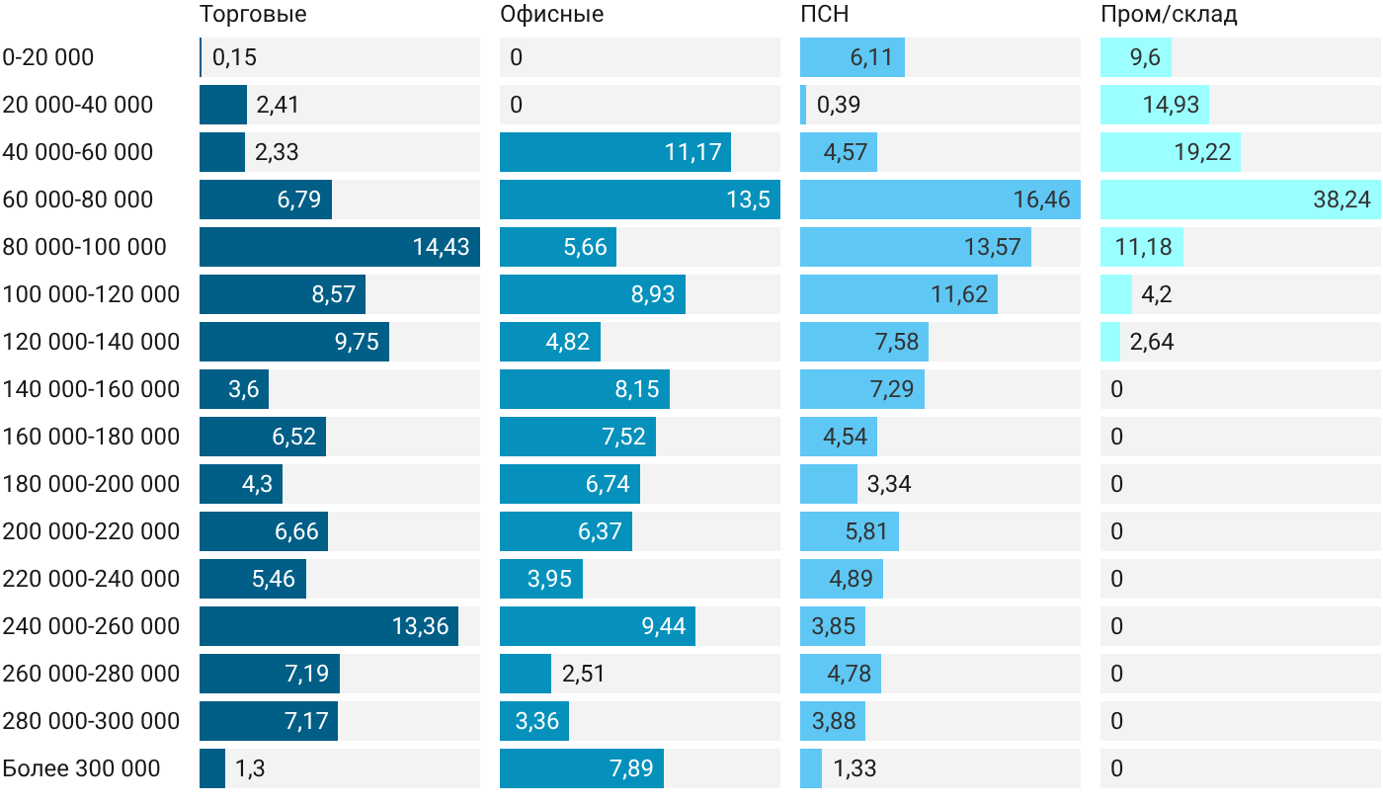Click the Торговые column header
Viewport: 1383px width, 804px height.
click(253, 14)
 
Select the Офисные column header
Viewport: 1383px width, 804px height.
click(552, 14)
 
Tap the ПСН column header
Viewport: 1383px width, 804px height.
click(825, 14)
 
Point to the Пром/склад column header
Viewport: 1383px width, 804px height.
click(1169, 14)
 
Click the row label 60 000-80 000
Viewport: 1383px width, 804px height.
click(78, 200)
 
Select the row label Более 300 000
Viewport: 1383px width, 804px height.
click(81, 768)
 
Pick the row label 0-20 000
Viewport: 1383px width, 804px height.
click(48, 57)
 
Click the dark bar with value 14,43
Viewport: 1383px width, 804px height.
click(340, 247)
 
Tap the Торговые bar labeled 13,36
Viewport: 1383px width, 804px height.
click(329, 626)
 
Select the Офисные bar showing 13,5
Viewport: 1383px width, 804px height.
click(640, 200)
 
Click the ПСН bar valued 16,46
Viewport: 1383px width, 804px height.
click(940, 200)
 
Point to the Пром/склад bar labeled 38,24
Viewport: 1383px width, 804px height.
click(1241, 200)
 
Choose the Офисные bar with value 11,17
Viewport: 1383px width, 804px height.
click(615, 152)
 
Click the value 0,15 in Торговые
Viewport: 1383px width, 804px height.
click(234, 57)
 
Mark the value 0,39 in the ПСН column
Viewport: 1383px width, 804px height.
click(839, 105)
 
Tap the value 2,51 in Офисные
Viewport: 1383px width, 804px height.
click(584, 674)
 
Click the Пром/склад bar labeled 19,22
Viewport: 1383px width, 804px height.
click(1171, 152)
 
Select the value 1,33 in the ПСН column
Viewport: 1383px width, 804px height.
click(854, 768)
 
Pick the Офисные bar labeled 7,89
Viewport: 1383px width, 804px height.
click(582, 768)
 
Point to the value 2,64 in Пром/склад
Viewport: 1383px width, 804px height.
click(1152, 342)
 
